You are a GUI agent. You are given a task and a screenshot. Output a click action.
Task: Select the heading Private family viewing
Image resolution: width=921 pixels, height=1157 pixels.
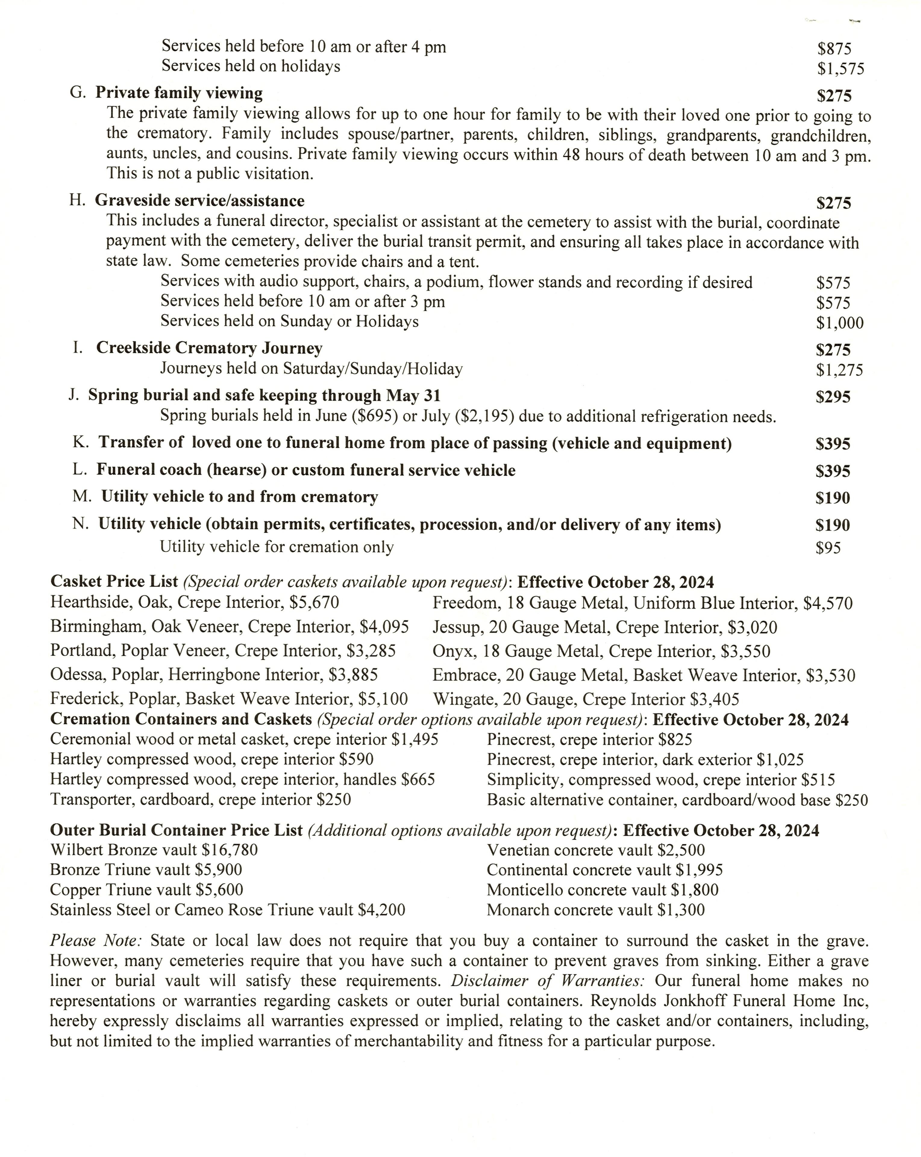(179, 93)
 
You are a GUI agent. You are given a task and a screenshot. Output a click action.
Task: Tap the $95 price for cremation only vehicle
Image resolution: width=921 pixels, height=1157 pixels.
(828, 548)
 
